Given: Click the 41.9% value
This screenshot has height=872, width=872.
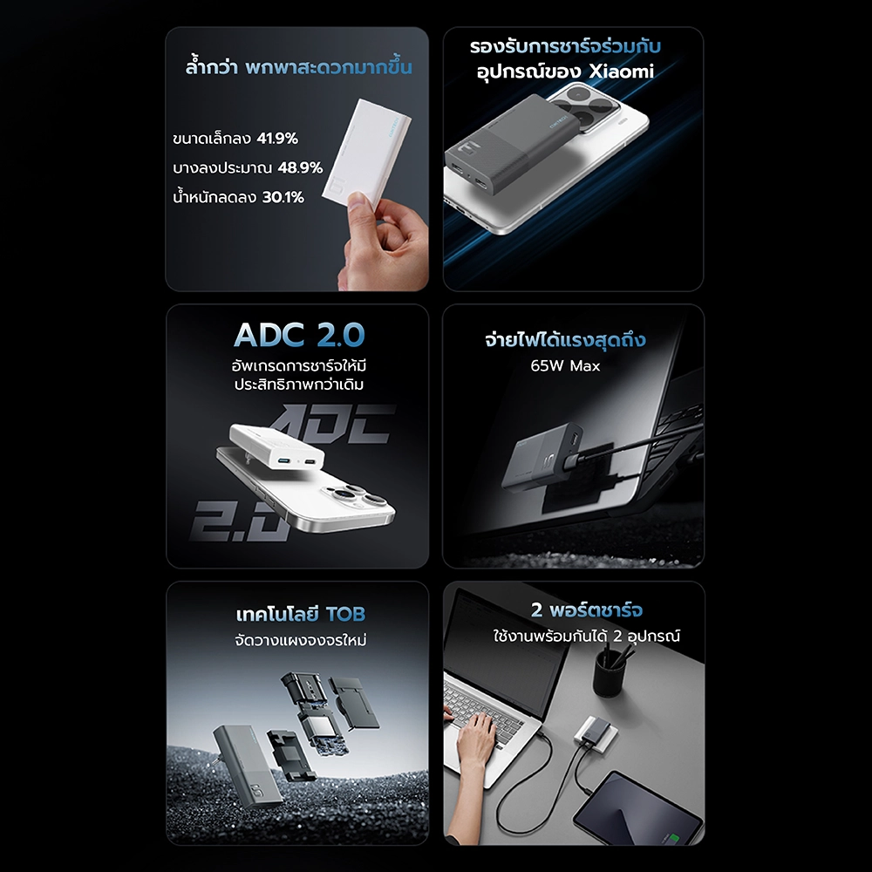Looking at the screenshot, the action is pos(277,139).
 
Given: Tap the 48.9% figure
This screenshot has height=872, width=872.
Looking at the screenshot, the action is pos(300,168).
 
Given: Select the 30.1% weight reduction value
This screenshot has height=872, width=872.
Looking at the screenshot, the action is pos(283,197).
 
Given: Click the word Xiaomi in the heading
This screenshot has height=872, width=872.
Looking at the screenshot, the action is pos(621,72).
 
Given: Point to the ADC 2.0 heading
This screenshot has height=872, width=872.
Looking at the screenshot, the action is pos(299,335).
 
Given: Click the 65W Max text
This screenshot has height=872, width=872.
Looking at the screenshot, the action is pos(565,366).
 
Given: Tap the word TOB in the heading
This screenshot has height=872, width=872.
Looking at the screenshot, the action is pos(345,614).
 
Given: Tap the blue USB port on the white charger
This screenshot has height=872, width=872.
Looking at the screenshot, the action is pos(283,461).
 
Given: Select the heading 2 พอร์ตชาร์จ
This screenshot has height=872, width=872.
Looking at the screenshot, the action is pos(587,610).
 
